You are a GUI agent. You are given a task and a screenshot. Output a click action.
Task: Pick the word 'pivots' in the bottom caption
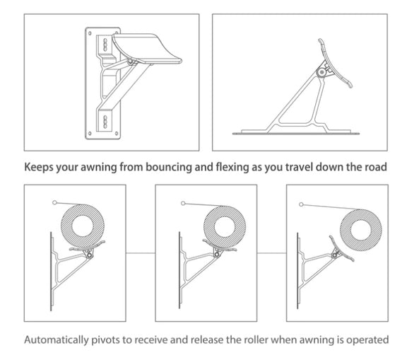click(106, 339)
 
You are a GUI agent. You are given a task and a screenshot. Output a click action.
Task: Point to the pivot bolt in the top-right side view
click(323, 71)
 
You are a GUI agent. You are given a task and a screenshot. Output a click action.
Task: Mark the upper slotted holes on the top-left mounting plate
click(104, 44)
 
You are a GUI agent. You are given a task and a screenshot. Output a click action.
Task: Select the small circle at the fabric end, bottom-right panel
click(302, 204)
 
